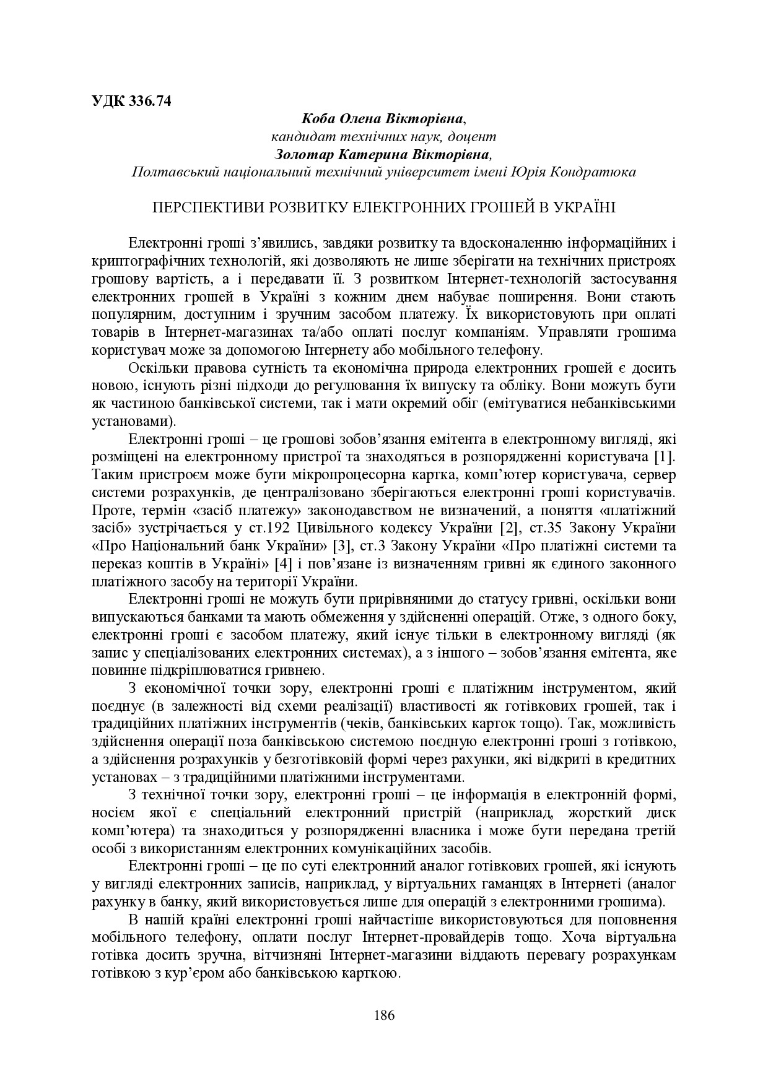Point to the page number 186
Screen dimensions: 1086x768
tap(384, 1015)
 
